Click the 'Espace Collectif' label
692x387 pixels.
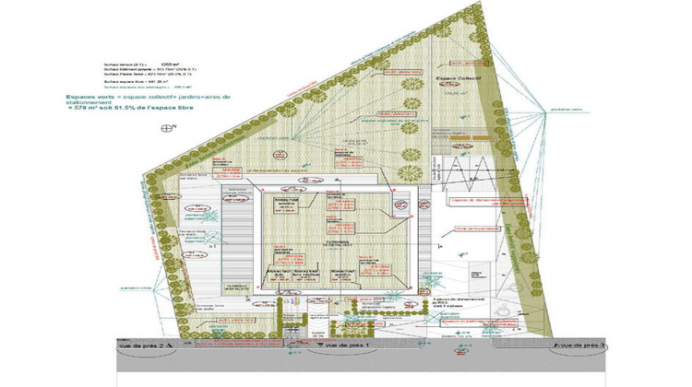457,80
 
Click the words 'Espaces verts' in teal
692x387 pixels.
84,96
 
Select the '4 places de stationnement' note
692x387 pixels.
459,300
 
